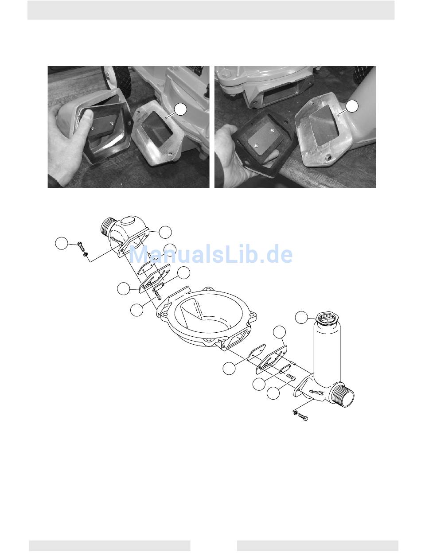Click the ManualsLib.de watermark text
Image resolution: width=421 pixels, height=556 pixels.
click(x=210, y=254)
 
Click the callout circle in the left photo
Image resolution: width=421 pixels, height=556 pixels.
click(x=181, y=109)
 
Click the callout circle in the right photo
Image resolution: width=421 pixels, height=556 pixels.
click(x=352, y=106)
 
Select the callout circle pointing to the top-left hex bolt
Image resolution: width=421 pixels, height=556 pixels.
click(x=62, y=243)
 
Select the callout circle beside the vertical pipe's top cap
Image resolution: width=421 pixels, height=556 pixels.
click(x=301, y=317)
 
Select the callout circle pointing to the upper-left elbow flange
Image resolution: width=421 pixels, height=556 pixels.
click(x=165, y=232)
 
